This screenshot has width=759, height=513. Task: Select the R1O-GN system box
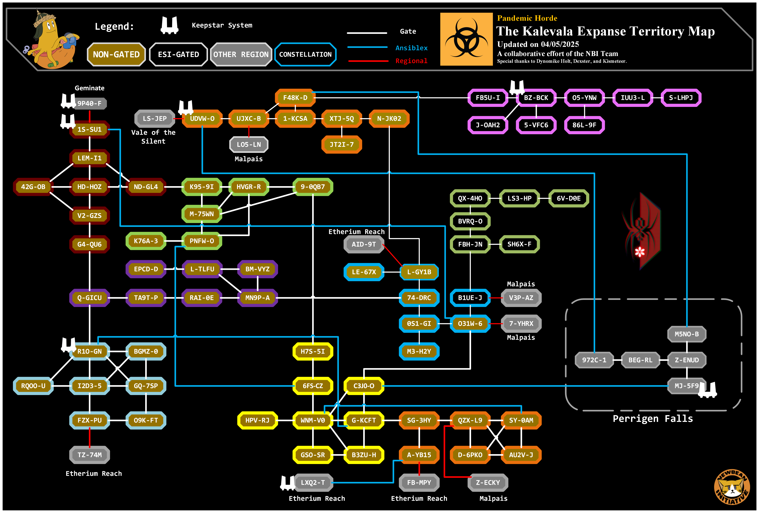tap(90, 351)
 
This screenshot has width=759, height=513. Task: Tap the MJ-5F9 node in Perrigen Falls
tap(686, 386)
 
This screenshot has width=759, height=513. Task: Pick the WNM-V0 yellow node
tap(313, 420)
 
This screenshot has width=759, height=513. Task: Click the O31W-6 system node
tap(470, 323)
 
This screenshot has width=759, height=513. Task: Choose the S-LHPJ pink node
tap(681, 98)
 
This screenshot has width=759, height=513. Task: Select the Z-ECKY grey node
tap(488, 483)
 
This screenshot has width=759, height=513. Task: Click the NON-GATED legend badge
tap(116, 55)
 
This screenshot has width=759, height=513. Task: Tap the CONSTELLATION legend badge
tap(305, 55)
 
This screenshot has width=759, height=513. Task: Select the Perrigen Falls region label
tap(653, 419)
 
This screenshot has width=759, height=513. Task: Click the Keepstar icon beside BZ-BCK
tap(517, 87)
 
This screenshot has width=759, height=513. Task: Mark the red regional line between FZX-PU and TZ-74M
tap(90, 437)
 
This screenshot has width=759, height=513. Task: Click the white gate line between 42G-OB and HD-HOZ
tap(61, 187)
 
